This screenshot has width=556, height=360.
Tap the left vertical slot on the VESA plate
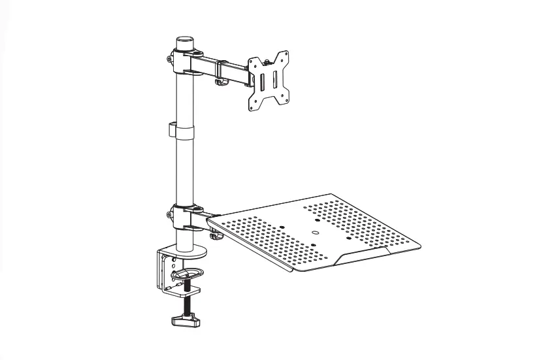click(261, 82)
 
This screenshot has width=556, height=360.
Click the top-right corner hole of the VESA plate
click(284, 56)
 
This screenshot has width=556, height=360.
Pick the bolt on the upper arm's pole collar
click(170, 59)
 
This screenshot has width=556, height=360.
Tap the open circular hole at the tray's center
click(314, 231)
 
